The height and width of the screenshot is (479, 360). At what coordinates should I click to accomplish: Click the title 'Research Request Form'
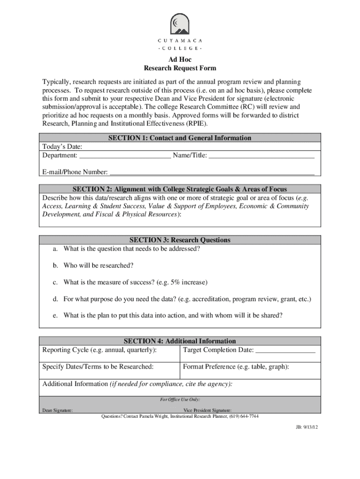(180, 68)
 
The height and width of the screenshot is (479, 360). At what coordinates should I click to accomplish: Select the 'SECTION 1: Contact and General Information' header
(180, 138)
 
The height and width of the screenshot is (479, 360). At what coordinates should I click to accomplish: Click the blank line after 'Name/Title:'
(261, 156)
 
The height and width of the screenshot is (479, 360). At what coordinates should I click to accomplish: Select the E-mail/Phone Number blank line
(212, 173)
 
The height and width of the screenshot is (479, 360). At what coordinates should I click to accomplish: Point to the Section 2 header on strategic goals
(180, 189)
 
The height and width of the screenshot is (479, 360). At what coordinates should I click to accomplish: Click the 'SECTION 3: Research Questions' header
(180, 240)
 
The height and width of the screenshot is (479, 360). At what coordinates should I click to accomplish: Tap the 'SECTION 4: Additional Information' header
(180, 341)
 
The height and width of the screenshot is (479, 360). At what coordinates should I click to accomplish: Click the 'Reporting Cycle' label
(99, 350)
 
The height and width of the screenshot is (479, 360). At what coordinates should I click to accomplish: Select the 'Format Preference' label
(236, 367)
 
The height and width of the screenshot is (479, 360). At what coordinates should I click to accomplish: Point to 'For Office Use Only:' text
(180, 399)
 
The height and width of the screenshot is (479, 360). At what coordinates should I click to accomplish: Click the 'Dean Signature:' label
(58, 410)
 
